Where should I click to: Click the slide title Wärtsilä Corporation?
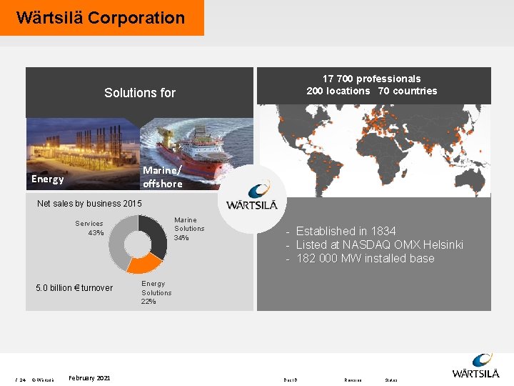click(x=101, y=18)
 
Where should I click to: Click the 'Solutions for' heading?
click(x=140, y=93)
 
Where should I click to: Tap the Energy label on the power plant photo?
click(x=48, y=179)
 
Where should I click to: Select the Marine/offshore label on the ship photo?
click(x=162, y=177)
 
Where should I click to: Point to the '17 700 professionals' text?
click(x=371, y=79)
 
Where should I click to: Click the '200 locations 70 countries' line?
click(x=371, y=91)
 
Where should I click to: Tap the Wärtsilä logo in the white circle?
click(x=256, y=197)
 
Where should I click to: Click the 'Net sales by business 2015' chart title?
click(x=89, y=204)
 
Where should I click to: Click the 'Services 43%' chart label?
click(x=90, y=228)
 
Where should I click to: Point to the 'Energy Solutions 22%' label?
click(x=156, y=292)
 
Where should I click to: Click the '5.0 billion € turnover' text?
click(x=74, y=288)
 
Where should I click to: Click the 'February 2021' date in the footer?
click(x=89, y=377)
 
